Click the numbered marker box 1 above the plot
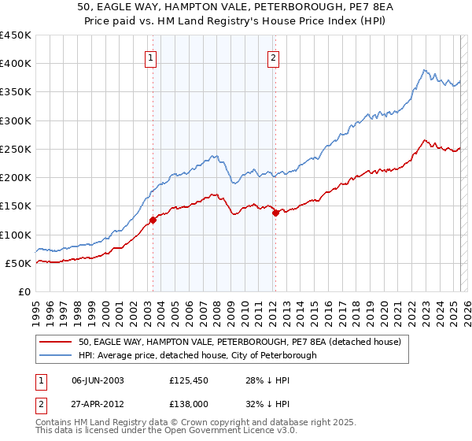point(149,57)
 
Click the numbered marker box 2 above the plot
point(273,57)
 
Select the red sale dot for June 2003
point(153,220)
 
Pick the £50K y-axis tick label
point(19,263)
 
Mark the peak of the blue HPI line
point(423,70)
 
